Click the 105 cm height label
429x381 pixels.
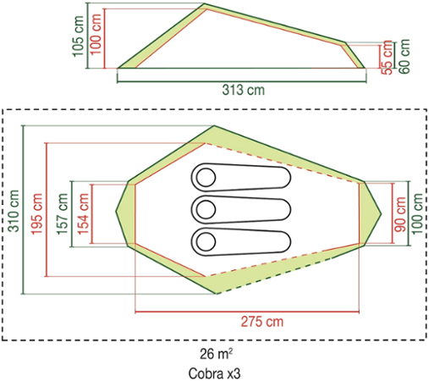[79, 36]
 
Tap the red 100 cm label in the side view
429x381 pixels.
[96, 34]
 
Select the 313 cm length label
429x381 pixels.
[244, 90]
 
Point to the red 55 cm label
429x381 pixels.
[387, 58]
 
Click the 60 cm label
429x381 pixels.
[404, 57]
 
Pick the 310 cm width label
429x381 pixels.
[14, 211]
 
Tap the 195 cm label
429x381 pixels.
[36, 213]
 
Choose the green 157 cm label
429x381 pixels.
[63, 213]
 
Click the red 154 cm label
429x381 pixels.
[83, 213]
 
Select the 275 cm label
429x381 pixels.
[262, 322]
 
